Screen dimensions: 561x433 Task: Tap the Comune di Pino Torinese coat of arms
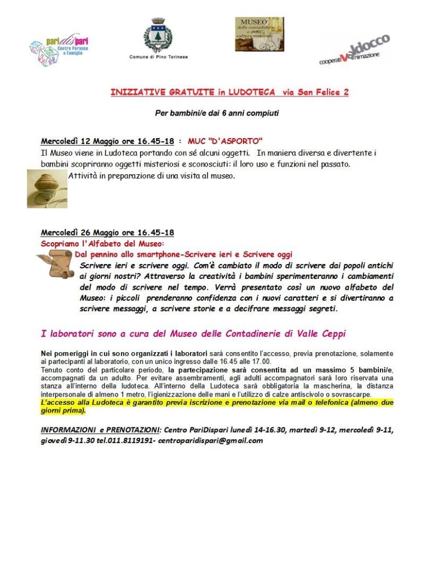pyautogui.click(x=158, y=35)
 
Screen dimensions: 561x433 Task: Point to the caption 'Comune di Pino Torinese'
pyautogui.click(x=158, y=57)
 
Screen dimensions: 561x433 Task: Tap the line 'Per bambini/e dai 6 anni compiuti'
pyautogui.click(x=217, y=114)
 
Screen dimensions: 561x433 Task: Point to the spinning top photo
pyautogui.click(x=47, y=188)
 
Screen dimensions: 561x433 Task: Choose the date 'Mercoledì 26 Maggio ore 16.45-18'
pyautogui.click(x=107, y=232)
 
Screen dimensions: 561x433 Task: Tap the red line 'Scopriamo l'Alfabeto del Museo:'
pyautogui.click(x=103, y=243)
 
